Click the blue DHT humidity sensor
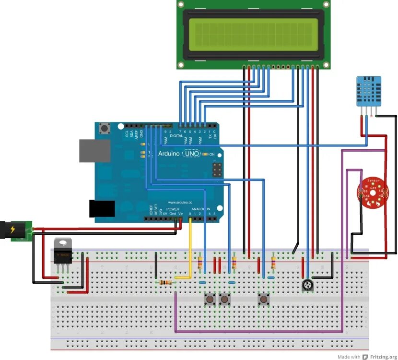pos(369,92)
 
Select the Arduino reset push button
pos(104,128)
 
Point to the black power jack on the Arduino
pos(102,209)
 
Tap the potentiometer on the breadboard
pos(307,286)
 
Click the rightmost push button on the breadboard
pos(263,300)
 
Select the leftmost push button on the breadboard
pos(210,300)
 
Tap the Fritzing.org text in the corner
pos(380,357)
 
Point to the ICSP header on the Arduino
pos(217,169)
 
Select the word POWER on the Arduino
pos(173,209)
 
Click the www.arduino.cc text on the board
pos(180,203)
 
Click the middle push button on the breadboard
pos(224,300)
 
